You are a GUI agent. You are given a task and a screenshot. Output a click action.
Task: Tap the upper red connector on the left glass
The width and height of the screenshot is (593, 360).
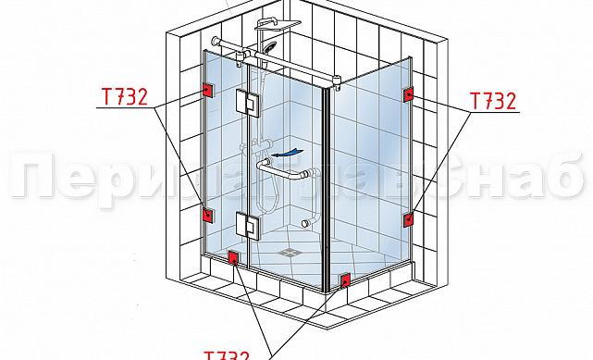click(206, 91)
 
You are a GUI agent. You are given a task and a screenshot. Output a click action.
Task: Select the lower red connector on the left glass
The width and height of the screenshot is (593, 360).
click(207, 215)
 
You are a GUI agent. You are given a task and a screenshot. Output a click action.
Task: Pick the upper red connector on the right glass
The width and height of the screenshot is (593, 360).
click(408, 95)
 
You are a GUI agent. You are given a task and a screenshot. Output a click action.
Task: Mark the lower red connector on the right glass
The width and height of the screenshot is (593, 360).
click(408, 219)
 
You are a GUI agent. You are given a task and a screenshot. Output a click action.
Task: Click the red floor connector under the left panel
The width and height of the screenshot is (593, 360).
click(233, 259)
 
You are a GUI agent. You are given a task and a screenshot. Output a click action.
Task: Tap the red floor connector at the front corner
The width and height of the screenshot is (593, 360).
click(345, 279)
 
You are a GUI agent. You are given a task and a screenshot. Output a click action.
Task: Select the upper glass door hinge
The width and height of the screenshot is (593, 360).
click(247, 103)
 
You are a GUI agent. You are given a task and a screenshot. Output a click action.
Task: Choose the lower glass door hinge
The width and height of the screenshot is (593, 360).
click(247, 223)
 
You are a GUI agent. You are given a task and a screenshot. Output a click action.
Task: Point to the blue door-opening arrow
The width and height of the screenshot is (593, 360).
click(292, 150)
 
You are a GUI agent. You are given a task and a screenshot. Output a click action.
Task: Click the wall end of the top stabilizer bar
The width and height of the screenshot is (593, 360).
click(216, 42)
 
